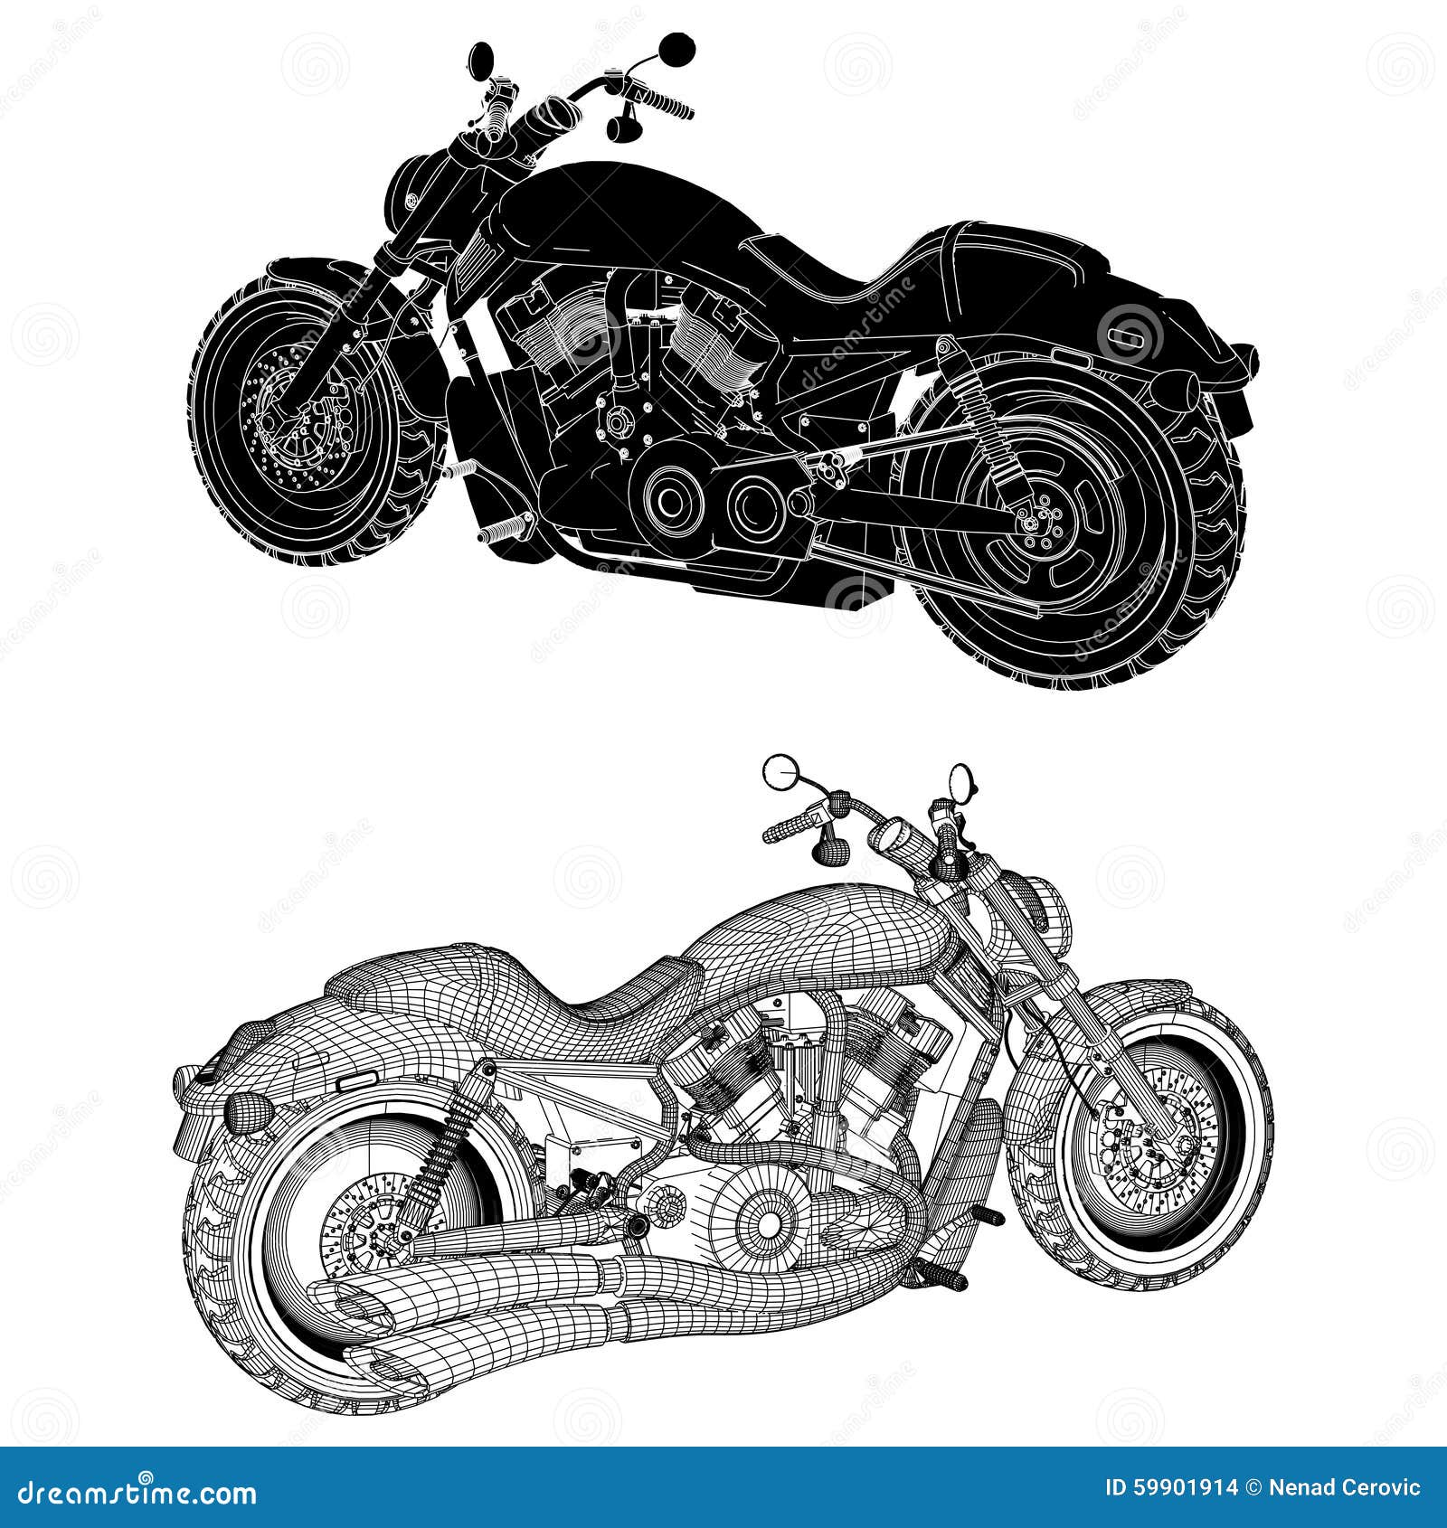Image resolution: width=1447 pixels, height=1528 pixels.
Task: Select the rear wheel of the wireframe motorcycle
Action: click(x=380, y=1221)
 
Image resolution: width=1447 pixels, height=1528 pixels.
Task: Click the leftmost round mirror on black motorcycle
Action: click(x=481, y=60)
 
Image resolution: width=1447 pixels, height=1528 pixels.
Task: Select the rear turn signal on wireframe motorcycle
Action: click(x=241, y=1107)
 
